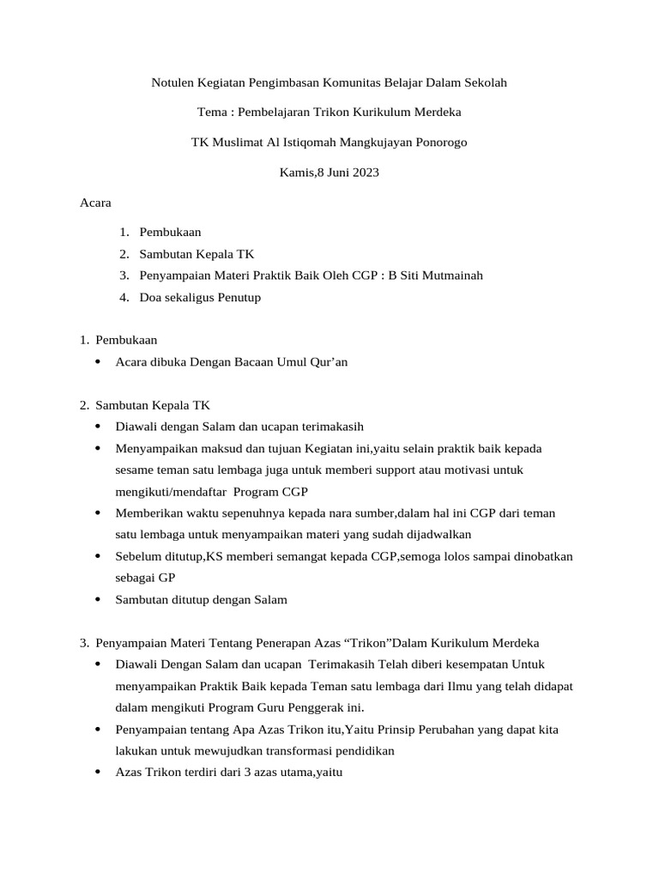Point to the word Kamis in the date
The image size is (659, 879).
(x=297, y=173)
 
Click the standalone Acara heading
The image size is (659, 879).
(x=95, y=203)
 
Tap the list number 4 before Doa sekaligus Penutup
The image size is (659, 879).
(x=124, y=298)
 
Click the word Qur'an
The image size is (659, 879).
(x=324, y=362)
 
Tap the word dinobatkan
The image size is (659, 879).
(x=535, y=556)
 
